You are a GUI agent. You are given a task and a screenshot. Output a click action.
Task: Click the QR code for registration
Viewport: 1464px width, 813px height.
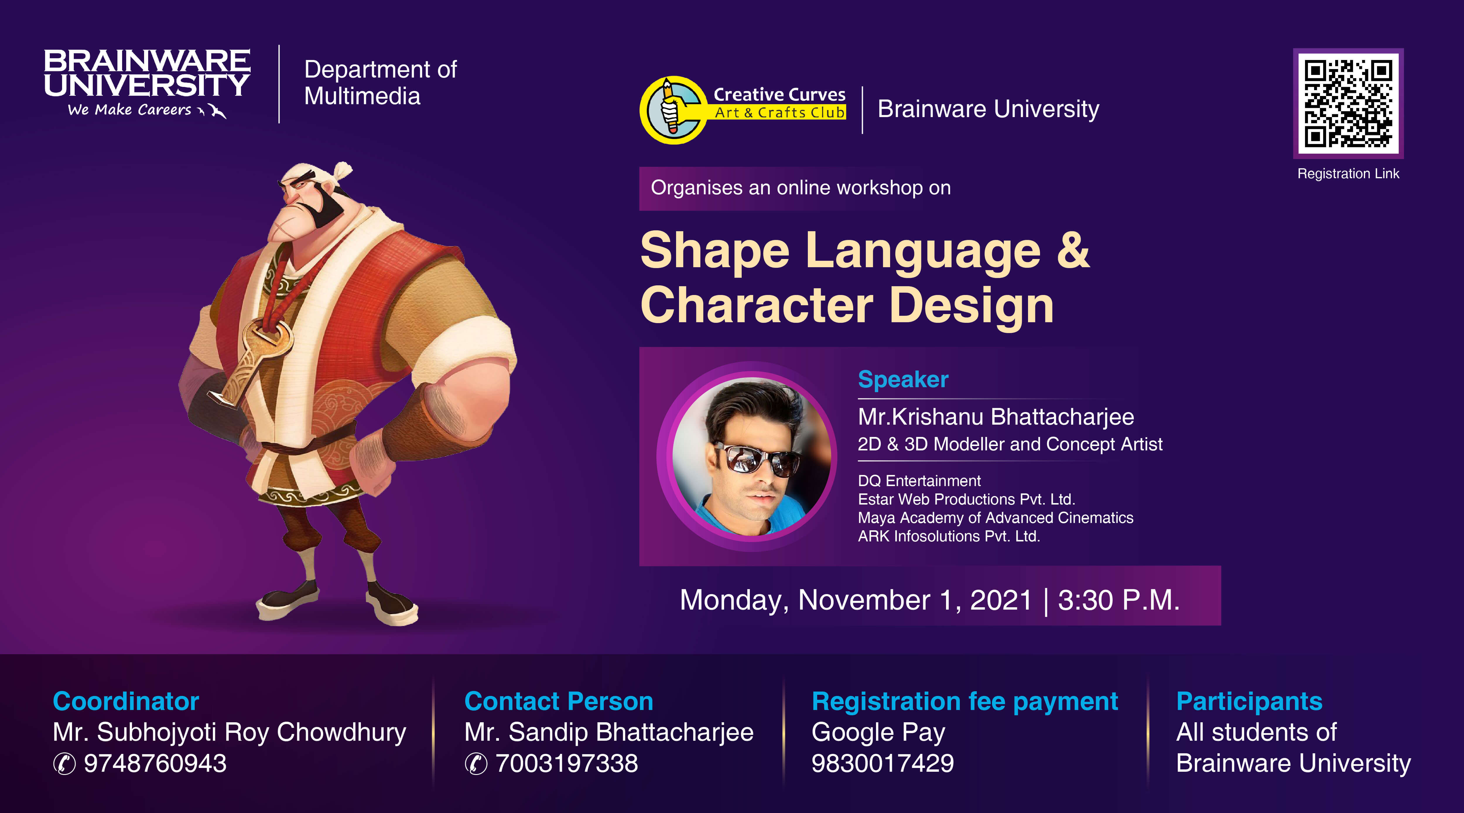pos(1348,103)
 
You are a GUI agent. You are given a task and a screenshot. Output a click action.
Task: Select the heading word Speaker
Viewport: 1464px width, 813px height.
pos(903,379)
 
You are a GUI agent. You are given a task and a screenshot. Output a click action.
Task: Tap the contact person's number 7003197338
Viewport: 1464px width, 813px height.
pos(567,763)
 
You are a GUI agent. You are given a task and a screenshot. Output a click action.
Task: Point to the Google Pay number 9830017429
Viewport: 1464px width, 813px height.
pos(882,763)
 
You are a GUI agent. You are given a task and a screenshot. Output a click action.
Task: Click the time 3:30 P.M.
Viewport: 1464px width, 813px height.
pos(1118,600)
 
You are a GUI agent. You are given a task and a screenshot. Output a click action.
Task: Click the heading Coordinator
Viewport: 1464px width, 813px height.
pos(126,701)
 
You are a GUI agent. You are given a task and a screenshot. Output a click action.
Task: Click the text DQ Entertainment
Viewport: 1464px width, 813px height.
pos(919,481)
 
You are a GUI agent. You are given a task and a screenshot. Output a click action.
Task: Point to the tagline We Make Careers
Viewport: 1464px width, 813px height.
pos(130,110)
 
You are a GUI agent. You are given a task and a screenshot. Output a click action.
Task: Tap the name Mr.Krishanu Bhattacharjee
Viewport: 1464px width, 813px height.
pos(996,416)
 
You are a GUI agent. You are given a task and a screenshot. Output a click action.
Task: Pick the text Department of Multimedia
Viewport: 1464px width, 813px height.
pos(380,83)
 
